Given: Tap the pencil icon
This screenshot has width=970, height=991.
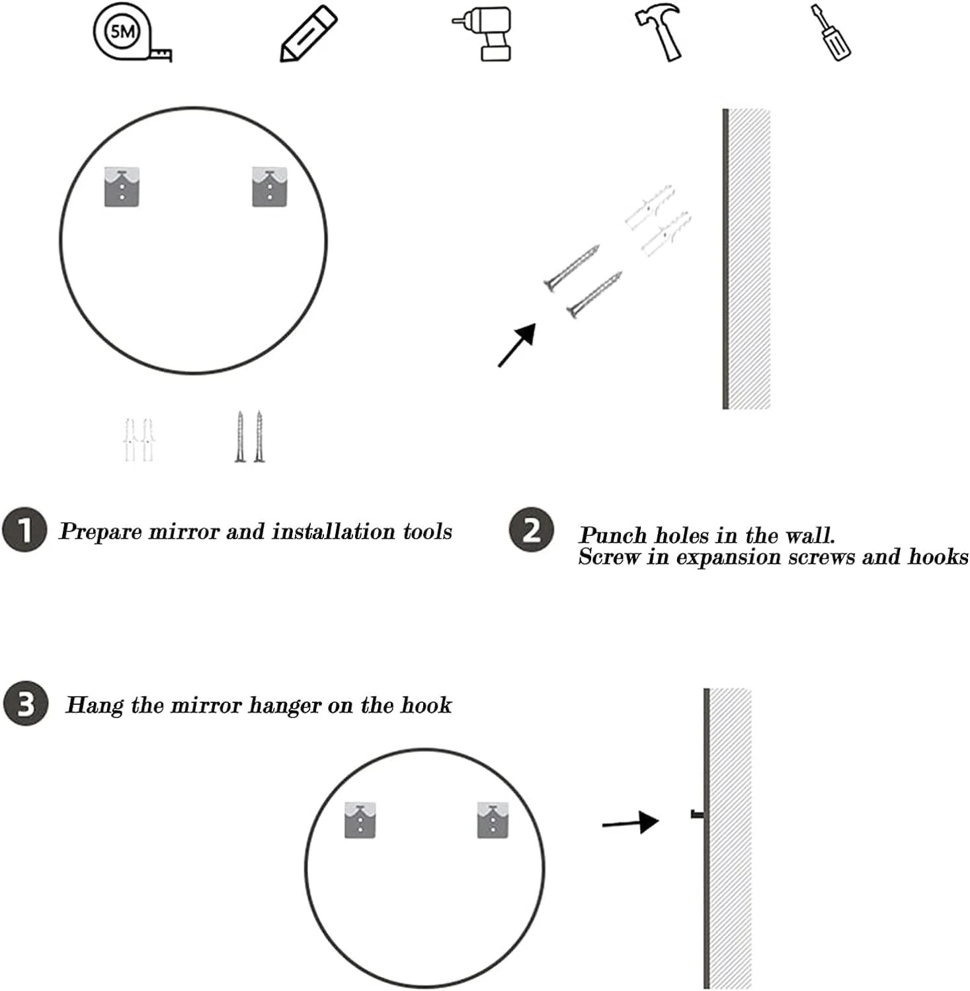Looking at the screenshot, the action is (x=308, y=34).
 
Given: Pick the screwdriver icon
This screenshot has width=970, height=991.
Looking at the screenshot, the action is (x=831, y=32).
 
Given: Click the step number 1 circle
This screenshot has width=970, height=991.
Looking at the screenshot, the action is (x=24, y=530).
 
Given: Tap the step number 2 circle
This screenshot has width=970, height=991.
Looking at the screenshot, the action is (x=531, y=530).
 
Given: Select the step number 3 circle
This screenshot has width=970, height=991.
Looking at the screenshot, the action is (x=26, y=704).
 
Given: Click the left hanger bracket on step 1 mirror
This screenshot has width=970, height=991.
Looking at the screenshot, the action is (x=122, y=187).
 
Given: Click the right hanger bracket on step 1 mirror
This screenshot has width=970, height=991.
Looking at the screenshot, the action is (x=269, y=187).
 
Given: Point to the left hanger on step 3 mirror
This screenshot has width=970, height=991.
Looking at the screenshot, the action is (x=360, y=821).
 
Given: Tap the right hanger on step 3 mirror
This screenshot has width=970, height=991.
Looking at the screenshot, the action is (x=493, y=820).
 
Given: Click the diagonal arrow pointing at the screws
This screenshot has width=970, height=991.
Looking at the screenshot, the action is (x=516, y=345).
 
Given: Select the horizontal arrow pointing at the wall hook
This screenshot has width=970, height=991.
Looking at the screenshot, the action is (x=630, y=823).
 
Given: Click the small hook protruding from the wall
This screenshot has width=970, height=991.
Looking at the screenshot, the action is (x=697, y=815).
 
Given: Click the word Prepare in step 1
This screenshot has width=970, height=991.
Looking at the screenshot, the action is (x=101, y=532).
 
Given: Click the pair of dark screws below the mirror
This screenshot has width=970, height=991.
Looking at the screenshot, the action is (x=249, y=437).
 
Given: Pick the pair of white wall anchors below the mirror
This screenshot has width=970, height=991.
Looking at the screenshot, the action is (x=138, y=439).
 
